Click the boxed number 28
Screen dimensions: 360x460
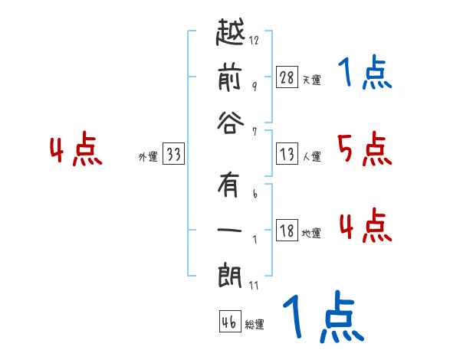[287, 78]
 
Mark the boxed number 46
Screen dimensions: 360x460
[229, 322]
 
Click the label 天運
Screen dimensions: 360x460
[312, 80]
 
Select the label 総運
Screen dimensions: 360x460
[255, 324]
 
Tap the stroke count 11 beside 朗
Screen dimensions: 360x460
[254, 286]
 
